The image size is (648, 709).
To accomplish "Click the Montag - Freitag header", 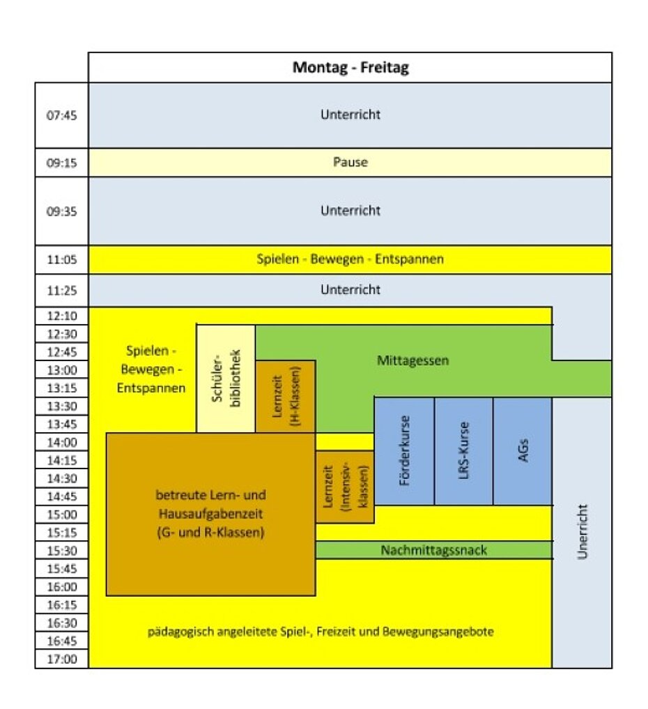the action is pyautogui.click(x=350, y=68).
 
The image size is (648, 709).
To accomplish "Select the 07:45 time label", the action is pyautogui.click(x=61, y=115).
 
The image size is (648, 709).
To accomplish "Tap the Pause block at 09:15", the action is pyautogui.click(x=350, y=162).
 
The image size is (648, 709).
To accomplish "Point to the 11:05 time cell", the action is pyautogui.click(x=61, y=259).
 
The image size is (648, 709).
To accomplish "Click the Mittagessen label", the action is pyautogui.click(x=413, y=360).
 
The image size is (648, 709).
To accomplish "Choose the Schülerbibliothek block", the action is pyautogui.click(x=226, y=379).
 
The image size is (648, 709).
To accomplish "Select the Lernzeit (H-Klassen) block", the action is pyautogui.click(x=286, y=397).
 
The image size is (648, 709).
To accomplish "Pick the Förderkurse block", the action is pyautogui.click(x=404, y=451).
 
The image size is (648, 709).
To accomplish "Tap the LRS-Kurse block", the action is pyautogui.click(x=463, y=451).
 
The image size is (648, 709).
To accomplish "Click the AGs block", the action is pyautogui.click(x=523, y=451).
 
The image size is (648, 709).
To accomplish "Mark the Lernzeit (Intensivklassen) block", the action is pyautogui.click(x=345, y=487).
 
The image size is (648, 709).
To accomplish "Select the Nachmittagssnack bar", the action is pyautogui.click(x=434, y=550).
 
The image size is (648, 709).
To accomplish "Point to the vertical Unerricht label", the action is pyautogui.click(x=583, y=532).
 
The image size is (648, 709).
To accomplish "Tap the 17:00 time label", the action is pyautogui.click(x=61, y=660).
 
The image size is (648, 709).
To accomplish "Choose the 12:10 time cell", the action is pyautogui.click(x=61, y=316).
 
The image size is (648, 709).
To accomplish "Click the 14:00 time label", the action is pyautogui.click(x=61, y=442).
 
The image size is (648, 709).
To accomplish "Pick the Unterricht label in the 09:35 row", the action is pyautogui.click(x=350, y=211).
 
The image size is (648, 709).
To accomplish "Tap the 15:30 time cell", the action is pyautogui.click(x=61, y=551).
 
